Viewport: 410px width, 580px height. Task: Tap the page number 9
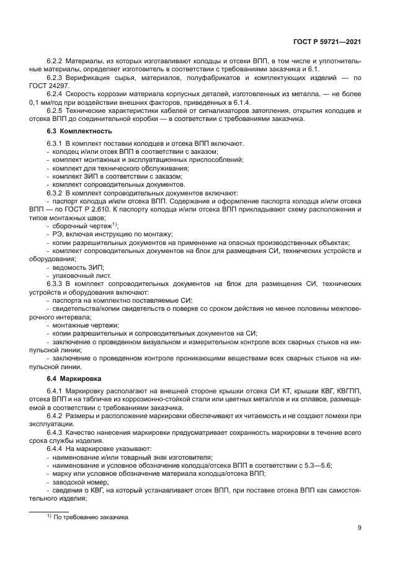(x=360, y=528)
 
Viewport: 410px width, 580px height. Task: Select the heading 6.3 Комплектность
(x=79, y=132)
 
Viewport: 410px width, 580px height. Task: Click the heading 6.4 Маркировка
(x=75, y=378)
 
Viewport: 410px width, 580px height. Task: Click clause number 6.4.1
(x=56, y=391)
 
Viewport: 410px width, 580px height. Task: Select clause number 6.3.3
(x=56, y=283)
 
